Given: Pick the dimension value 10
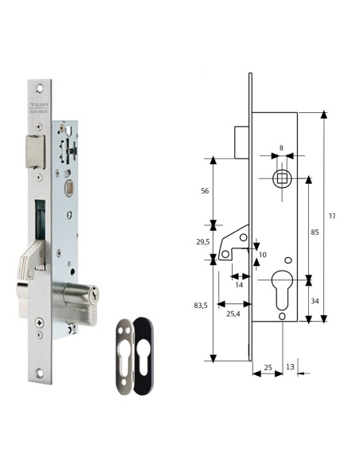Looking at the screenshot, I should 262,254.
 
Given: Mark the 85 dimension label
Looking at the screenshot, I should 315,232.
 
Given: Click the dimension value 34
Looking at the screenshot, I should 316,302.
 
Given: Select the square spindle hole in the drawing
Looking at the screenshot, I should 280,178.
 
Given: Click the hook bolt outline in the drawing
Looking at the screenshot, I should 235,242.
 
